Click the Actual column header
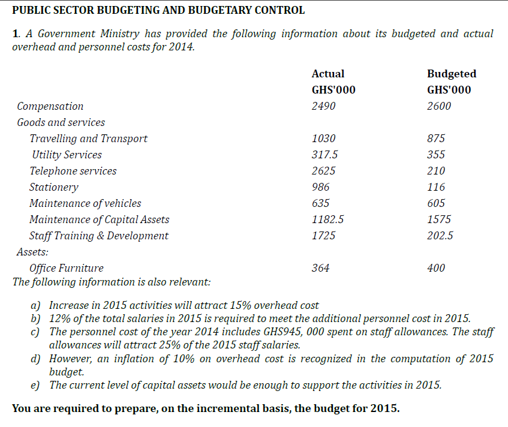pos(328,74)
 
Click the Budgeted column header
pos(451,74)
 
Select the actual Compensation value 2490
pos(324,106)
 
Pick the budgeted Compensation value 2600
pos(439,106)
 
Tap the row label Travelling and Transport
pos(88,139)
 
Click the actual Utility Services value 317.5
pos(324,155)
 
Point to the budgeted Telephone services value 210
pos(436,171)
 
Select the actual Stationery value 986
pos(321,187)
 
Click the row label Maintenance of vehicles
pos(85,203)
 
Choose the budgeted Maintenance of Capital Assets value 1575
pos(439,219)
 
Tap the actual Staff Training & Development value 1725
pos(324,236)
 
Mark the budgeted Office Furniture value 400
pos(436,268)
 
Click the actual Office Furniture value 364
pos(321,268)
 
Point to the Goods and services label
pos(61,122)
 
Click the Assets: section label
pos(32,252)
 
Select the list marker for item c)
pos(35,332)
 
